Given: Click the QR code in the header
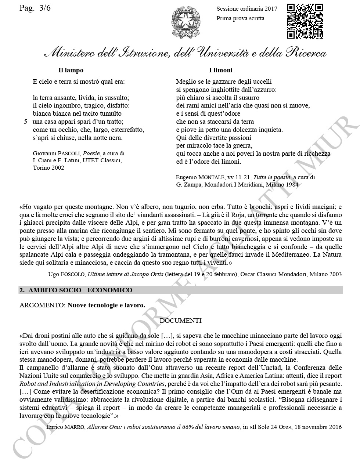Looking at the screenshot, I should tap(305, 21).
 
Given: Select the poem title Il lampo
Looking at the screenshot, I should tap(71, 70).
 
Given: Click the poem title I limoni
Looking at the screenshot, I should tap(220, 70).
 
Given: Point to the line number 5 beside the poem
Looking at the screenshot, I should tap(26, 122).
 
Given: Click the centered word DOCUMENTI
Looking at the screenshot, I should tap(181, 321).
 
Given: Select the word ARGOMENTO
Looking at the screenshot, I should tap(42, 305).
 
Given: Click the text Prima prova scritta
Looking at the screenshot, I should tap(240, 18).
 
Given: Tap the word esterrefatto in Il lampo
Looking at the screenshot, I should tap(127, 130).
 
